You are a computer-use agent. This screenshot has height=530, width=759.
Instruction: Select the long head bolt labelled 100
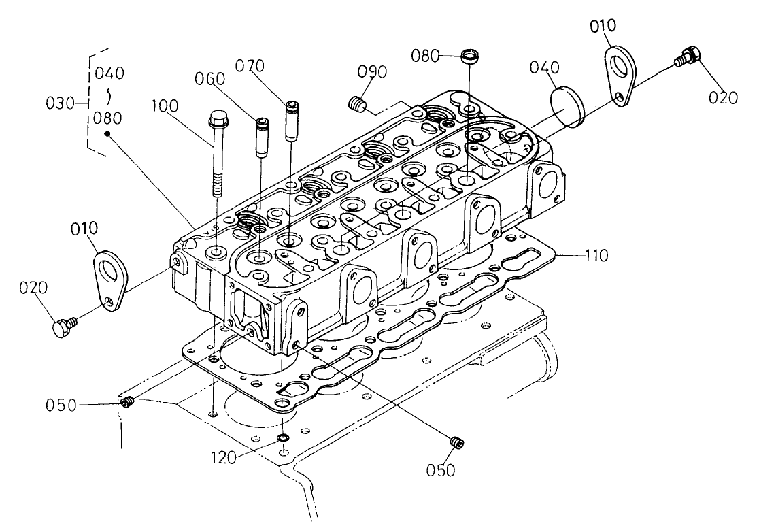218,153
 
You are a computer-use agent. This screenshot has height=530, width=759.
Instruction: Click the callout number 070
250,66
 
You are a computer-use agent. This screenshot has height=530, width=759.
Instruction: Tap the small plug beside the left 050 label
126,403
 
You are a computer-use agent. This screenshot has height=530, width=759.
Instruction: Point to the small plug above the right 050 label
457,442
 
